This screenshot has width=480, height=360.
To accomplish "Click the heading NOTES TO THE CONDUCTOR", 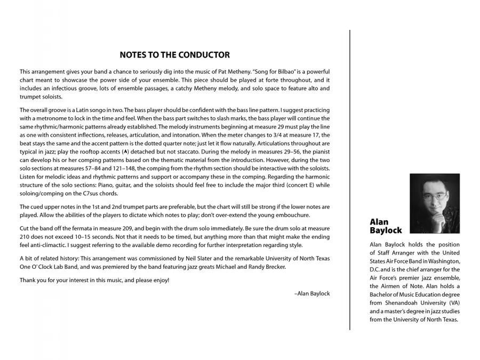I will (175, 55).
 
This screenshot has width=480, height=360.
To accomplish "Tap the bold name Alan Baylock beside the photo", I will (386, 226).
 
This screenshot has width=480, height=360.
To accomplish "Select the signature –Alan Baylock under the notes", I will (312, 293).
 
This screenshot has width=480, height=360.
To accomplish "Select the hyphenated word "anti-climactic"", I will (42, 245).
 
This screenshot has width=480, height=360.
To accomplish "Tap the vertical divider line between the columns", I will (350, 181).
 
